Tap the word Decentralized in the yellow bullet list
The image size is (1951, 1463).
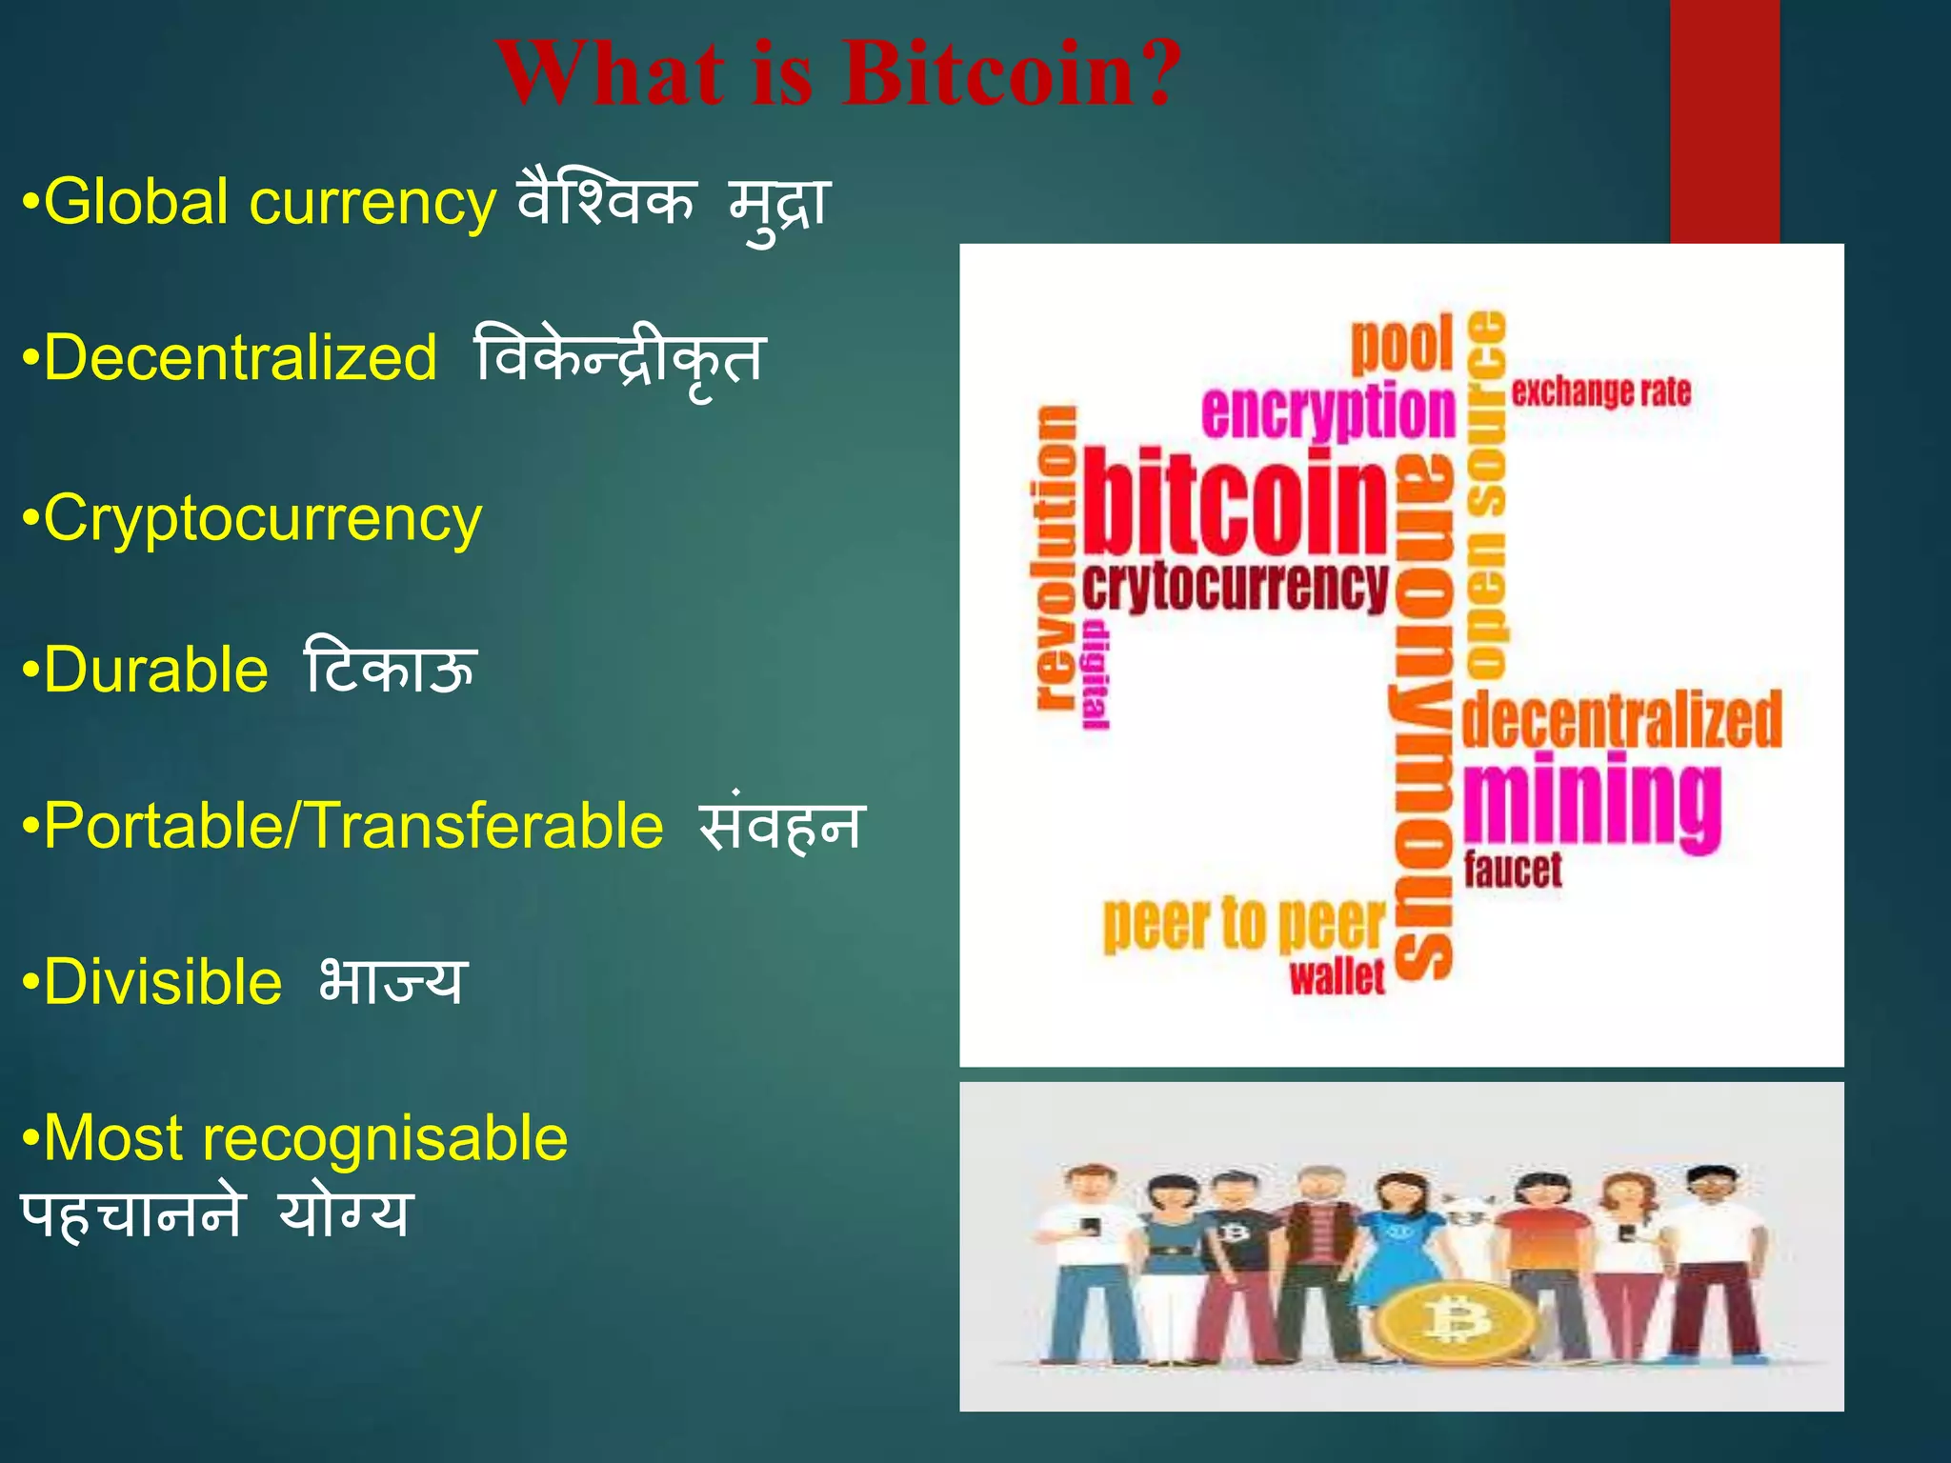pyautogui.click(x=240, y=358)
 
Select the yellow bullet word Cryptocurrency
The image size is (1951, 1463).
pyautogui.click(x=263, y=520)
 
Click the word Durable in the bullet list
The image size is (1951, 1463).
pyautogui.click(x=156, y=670)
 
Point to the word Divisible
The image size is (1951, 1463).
pyautogui.click(x=163, y=982)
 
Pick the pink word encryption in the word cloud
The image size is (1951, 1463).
pyautogui.click(x=1329, y=411)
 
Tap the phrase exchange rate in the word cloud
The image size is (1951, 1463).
pyautogui.click(x=1600, y=391)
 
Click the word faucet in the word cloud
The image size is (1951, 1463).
pyautogui.click(x=1513, y=870)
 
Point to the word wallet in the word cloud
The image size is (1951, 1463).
pyautogui.click(x=1337, y=977)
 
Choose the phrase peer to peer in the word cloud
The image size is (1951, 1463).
pyautogui.click(x=1243, y=924)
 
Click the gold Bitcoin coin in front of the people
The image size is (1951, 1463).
pyautogui.click(x=1455, y=1321)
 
